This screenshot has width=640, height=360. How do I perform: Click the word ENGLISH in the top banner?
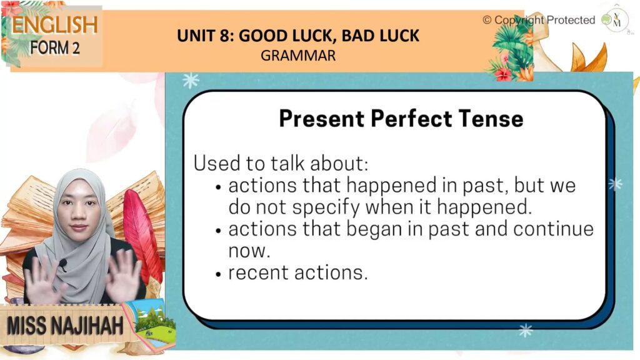[x=55, y=25]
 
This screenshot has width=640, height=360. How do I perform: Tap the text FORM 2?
[x=55, y=47]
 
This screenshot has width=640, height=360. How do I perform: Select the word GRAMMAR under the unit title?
[x=298, y=56]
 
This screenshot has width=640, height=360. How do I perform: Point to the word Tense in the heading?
[x=491, y=119]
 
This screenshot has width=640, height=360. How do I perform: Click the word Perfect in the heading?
[x=411, y=119]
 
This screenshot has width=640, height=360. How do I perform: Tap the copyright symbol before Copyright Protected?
[x=487, y=20]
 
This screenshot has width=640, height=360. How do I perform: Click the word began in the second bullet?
[x=374, y=229]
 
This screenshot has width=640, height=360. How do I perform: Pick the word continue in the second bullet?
[x=553, y=229]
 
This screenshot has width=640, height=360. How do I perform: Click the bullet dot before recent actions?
[x=218, y=274]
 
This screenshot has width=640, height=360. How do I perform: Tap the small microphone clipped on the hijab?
[x=62, y=264]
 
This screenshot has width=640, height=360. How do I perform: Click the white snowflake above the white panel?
[x=191, y=81]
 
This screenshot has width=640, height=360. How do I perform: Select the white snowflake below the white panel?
[x=525, y=330]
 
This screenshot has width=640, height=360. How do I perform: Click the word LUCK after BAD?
[x=399, y=36]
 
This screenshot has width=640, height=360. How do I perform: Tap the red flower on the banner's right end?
[x=503, y=74]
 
